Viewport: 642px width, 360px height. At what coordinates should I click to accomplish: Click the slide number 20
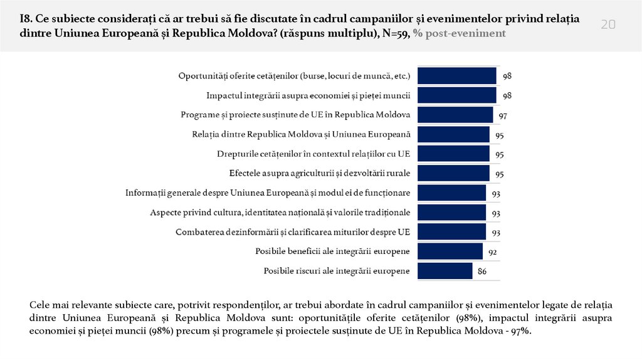click(608, 24)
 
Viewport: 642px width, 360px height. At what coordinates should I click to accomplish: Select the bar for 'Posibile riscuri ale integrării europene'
click(445, 271)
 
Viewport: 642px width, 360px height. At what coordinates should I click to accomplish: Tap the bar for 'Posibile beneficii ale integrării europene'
click(450, 251)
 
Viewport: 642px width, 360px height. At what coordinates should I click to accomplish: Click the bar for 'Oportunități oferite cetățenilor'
click(457, 76)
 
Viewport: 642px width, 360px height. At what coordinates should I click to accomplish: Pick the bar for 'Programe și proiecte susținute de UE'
click(455, 115)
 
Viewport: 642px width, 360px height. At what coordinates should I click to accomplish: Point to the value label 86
click(482, 272)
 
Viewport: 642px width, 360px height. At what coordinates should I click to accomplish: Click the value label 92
click(493, 253)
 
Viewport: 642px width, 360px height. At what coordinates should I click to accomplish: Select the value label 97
click(503, 117)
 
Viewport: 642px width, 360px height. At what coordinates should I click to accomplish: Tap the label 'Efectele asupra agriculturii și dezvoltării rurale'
click(320, 174)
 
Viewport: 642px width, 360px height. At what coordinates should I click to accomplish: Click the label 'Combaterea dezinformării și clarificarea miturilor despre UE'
click(293, 232)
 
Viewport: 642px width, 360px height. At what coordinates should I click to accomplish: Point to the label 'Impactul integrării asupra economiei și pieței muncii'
click(308, 96)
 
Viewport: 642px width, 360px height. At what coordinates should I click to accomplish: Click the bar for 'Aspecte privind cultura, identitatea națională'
click(451, 213)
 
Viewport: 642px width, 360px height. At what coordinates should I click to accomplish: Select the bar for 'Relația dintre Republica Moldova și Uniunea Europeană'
click(453, 134)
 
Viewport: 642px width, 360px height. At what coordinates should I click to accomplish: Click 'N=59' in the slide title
click(394, 34)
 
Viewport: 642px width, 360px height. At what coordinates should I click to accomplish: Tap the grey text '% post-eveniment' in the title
click(459, 34)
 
